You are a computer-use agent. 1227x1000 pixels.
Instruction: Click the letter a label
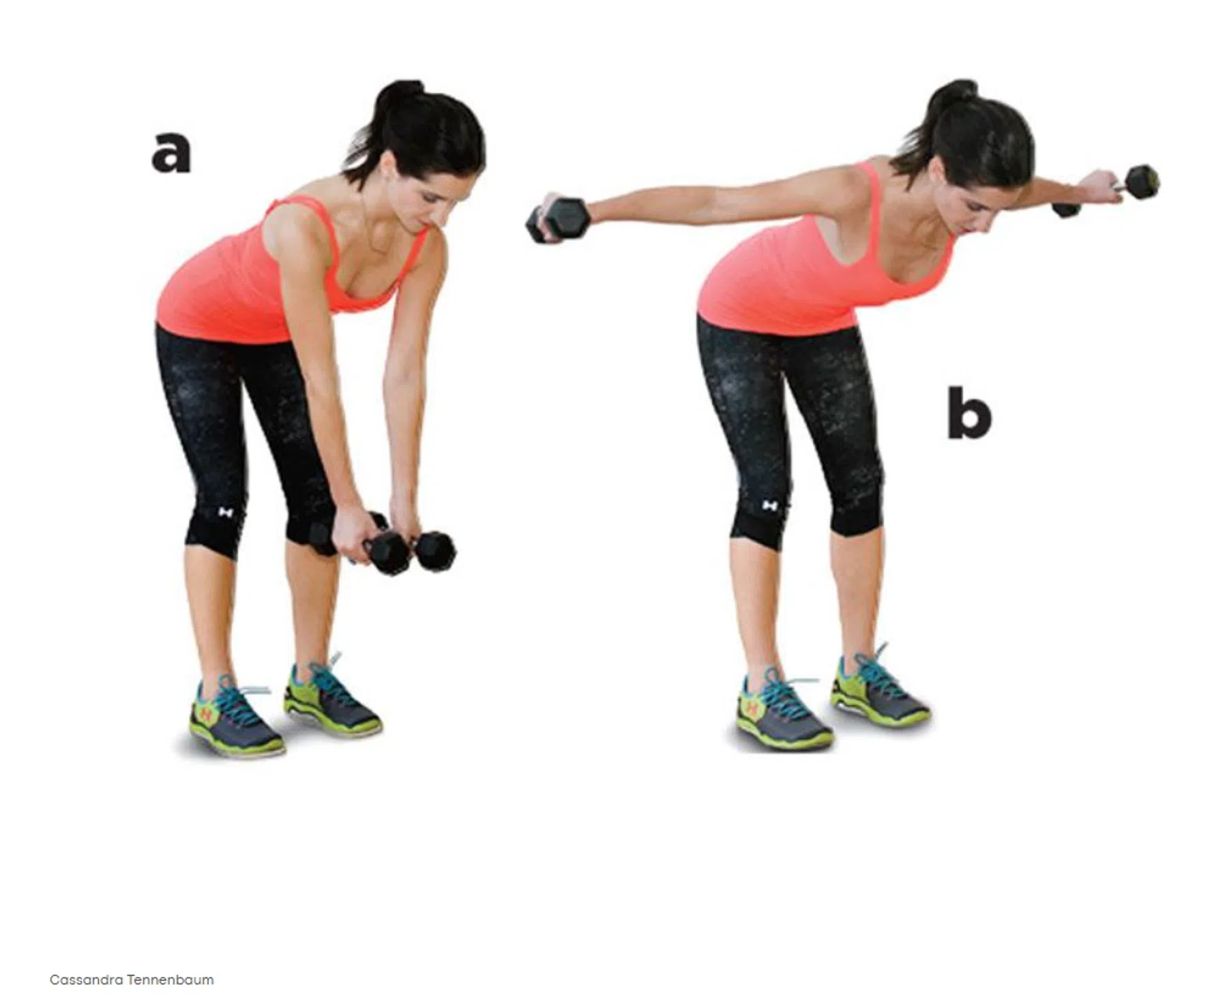click(x=171, y=151)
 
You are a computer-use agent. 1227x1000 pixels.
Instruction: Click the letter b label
click(x=969, y=412)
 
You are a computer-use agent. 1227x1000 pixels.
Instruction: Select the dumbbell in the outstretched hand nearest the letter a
click(x=555, y=220)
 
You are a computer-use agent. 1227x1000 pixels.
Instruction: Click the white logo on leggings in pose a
click(x=224, y=512)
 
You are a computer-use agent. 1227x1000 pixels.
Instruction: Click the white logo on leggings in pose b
click(x=769, y=506)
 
